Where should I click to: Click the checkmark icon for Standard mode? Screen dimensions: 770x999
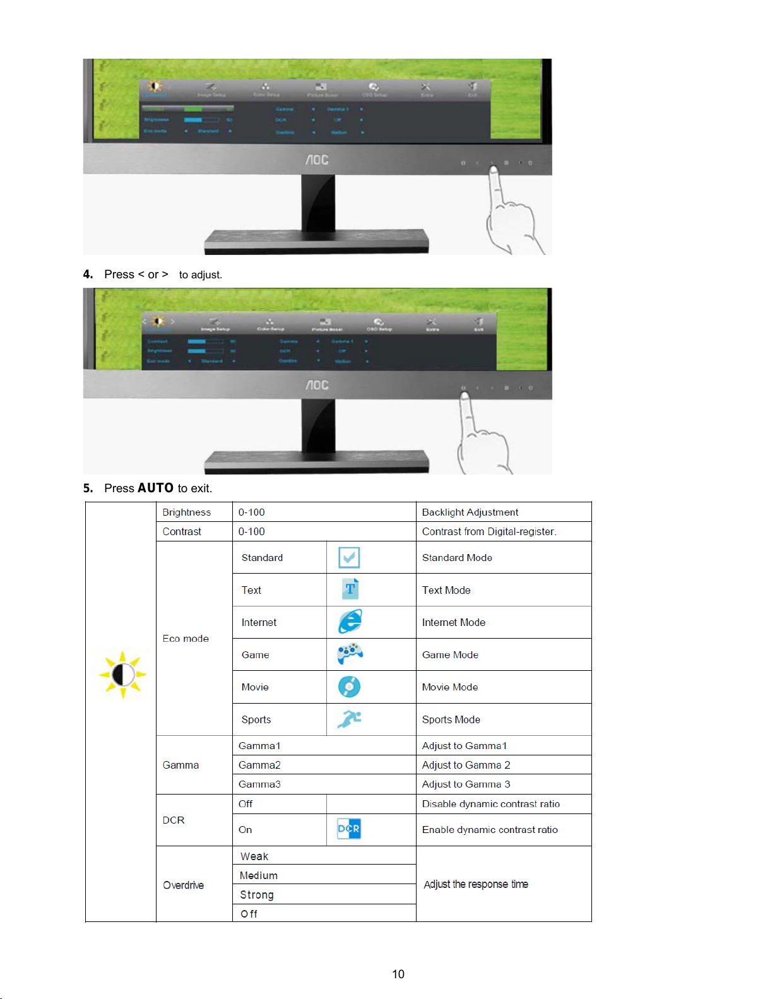point(349,557)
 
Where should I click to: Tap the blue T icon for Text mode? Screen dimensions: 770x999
point(350,589)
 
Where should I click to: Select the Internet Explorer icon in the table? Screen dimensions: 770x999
point(350,622)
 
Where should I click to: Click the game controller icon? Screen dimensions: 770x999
point(350,653)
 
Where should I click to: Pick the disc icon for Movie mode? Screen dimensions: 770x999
point(349,687)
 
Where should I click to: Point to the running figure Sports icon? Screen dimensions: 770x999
point(349,719)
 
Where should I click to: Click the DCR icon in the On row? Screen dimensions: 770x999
point(348,829)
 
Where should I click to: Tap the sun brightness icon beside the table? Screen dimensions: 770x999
point(123,675)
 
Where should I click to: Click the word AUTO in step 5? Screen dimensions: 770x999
point(155,488)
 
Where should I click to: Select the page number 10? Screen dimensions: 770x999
point(398,974)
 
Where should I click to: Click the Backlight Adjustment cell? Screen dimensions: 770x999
point(470,512)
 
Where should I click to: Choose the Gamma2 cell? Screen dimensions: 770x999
point(259,765)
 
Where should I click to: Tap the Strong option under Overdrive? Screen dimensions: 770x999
point(257,895)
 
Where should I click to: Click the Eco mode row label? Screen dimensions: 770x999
point(186,639)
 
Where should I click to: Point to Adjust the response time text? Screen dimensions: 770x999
point(476,884)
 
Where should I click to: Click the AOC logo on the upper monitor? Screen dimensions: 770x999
point(317,160)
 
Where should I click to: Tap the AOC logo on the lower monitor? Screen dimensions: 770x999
point(317,385)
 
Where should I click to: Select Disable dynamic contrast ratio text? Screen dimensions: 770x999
point(491,804)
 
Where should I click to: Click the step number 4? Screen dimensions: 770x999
point(88,275)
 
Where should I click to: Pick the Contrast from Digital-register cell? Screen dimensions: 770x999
point(489,531)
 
